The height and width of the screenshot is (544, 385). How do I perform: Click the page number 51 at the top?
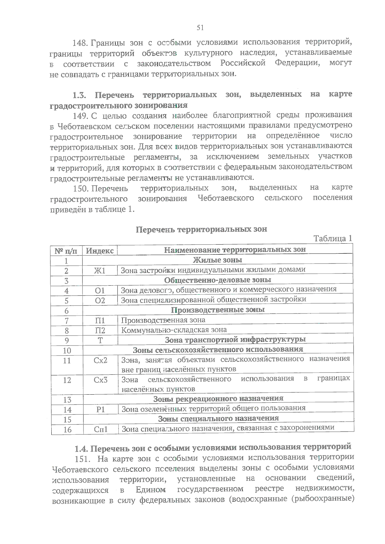[200, 28]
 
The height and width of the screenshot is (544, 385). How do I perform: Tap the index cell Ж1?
[100, 271]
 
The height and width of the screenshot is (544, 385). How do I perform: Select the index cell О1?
[100, 291]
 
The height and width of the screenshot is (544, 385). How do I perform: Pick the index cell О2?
[100, 301]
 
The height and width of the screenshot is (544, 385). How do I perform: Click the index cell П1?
[100, 321]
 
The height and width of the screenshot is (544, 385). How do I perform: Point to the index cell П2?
[100, 331]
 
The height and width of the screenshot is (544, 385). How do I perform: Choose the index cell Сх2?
[100, 361]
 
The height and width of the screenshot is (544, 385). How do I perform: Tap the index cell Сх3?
[100, 380]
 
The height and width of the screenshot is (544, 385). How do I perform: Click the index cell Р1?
[100, 410]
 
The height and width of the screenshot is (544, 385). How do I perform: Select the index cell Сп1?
[101, 430]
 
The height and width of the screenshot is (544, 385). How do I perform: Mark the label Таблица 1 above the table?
[333, 239]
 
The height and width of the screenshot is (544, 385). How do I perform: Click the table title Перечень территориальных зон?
[201, 230]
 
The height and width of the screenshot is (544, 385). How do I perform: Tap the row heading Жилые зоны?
[217, 260]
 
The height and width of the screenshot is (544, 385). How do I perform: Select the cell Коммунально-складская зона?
[174, 330]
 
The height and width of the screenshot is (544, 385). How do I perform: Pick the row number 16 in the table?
[67, 430]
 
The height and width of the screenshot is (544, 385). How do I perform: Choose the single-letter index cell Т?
[100, 340]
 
